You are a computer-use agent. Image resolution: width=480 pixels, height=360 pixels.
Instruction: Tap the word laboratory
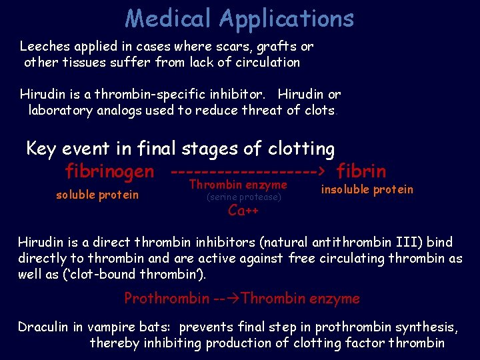[60, 110]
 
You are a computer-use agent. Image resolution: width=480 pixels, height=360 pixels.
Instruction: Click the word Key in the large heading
[41, 148]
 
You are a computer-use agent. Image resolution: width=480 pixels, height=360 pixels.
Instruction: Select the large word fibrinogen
[109, 171]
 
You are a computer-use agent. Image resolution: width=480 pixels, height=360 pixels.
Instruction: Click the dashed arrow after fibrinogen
[247, 171]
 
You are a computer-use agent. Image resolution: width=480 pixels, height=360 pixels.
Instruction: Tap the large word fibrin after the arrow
[361, 171]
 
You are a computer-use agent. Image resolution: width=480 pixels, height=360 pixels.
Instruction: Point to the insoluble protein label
[367, 189]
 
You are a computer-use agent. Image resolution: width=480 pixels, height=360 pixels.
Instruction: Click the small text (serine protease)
[244, 197]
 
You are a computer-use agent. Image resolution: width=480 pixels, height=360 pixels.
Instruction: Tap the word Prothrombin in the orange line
[166, 298]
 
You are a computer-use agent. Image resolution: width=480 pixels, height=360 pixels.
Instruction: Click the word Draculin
[45, 327]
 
